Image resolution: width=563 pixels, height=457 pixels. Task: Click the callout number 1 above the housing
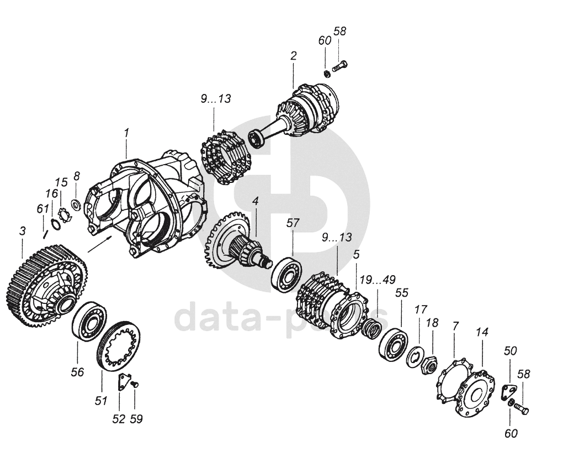[x=126, y=133]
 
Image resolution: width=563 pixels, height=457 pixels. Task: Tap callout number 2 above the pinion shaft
[x=293, y=56]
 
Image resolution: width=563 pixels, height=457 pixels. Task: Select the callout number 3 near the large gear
[x=22, y=232]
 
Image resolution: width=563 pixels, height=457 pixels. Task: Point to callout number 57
[x=293, y=223]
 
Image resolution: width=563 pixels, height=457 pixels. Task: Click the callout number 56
[x=77, y=372]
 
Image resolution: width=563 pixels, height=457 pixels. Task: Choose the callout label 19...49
[x=378, y=280]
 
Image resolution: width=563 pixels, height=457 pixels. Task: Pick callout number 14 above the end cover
[x=482, y=332]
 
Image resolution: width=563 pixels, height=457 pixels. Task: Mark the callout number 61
[x=40, y=209]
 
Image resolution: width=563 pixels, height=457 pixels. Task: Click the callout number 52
[x=119, y=418]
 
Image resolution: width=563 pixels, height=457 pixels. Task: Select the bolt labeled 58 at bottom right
[x=521, y=409]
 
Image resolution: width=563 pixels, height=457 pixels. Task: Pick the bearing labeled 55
[x=393, y=345]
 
